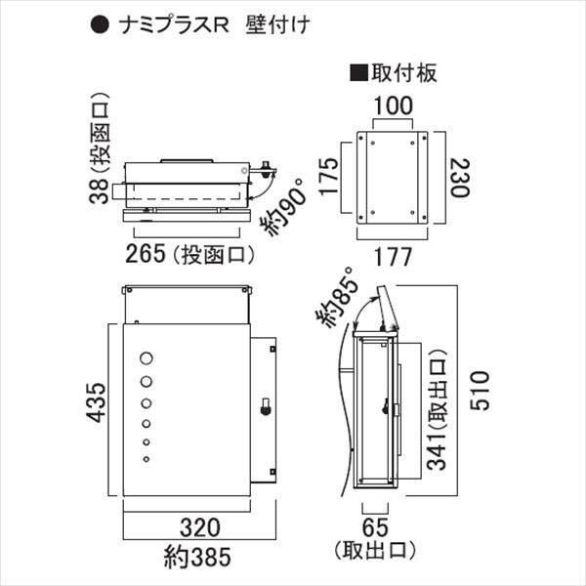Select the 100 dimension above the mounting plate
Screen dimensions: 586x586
click(391, 105)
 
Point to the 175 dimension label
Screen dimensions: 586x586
click(329, 176)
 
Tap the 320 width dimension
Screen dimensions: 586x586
click(199, 531)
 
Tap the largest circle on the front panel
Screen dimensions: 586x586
click(146, 358)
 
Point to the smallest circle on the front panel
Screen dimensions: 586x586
click(146, 459)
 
